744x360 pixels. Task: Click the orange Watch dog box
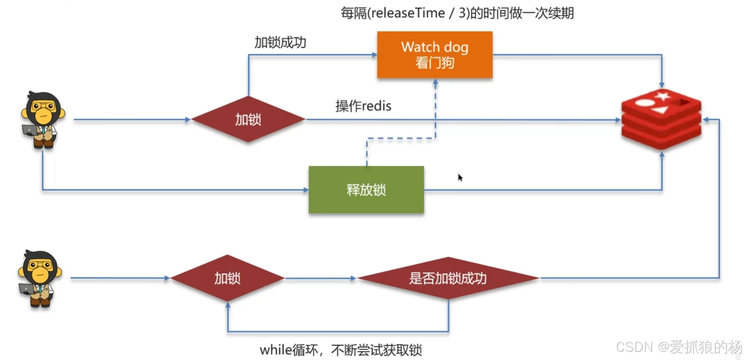434,55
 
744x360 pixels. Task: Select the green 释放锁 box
366,190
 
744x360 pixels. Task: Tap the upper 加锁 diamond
248,120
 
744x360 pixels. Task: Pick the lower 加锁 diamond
227,278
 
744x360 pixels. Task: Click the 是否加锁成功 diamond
448,278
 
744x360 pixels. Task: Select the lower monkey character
39,278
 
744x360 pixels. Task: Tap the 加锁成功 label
280,42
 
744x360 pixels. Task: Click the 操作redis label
363,106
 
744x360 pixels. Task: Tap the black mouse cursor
460,177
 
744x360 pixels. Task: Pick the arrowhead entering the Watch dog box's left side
374,55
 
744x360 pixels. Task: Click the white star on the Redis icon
663,96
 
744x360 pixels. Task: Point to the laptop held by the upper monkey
29,130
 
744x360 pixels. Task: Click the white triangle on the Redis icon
660,110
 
